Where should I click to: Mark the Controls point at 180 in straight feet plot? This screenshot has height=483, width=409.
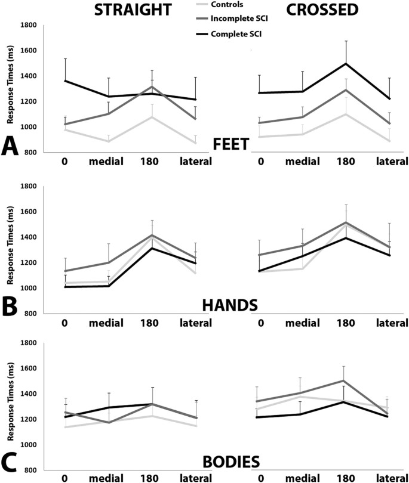[153, 117]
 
